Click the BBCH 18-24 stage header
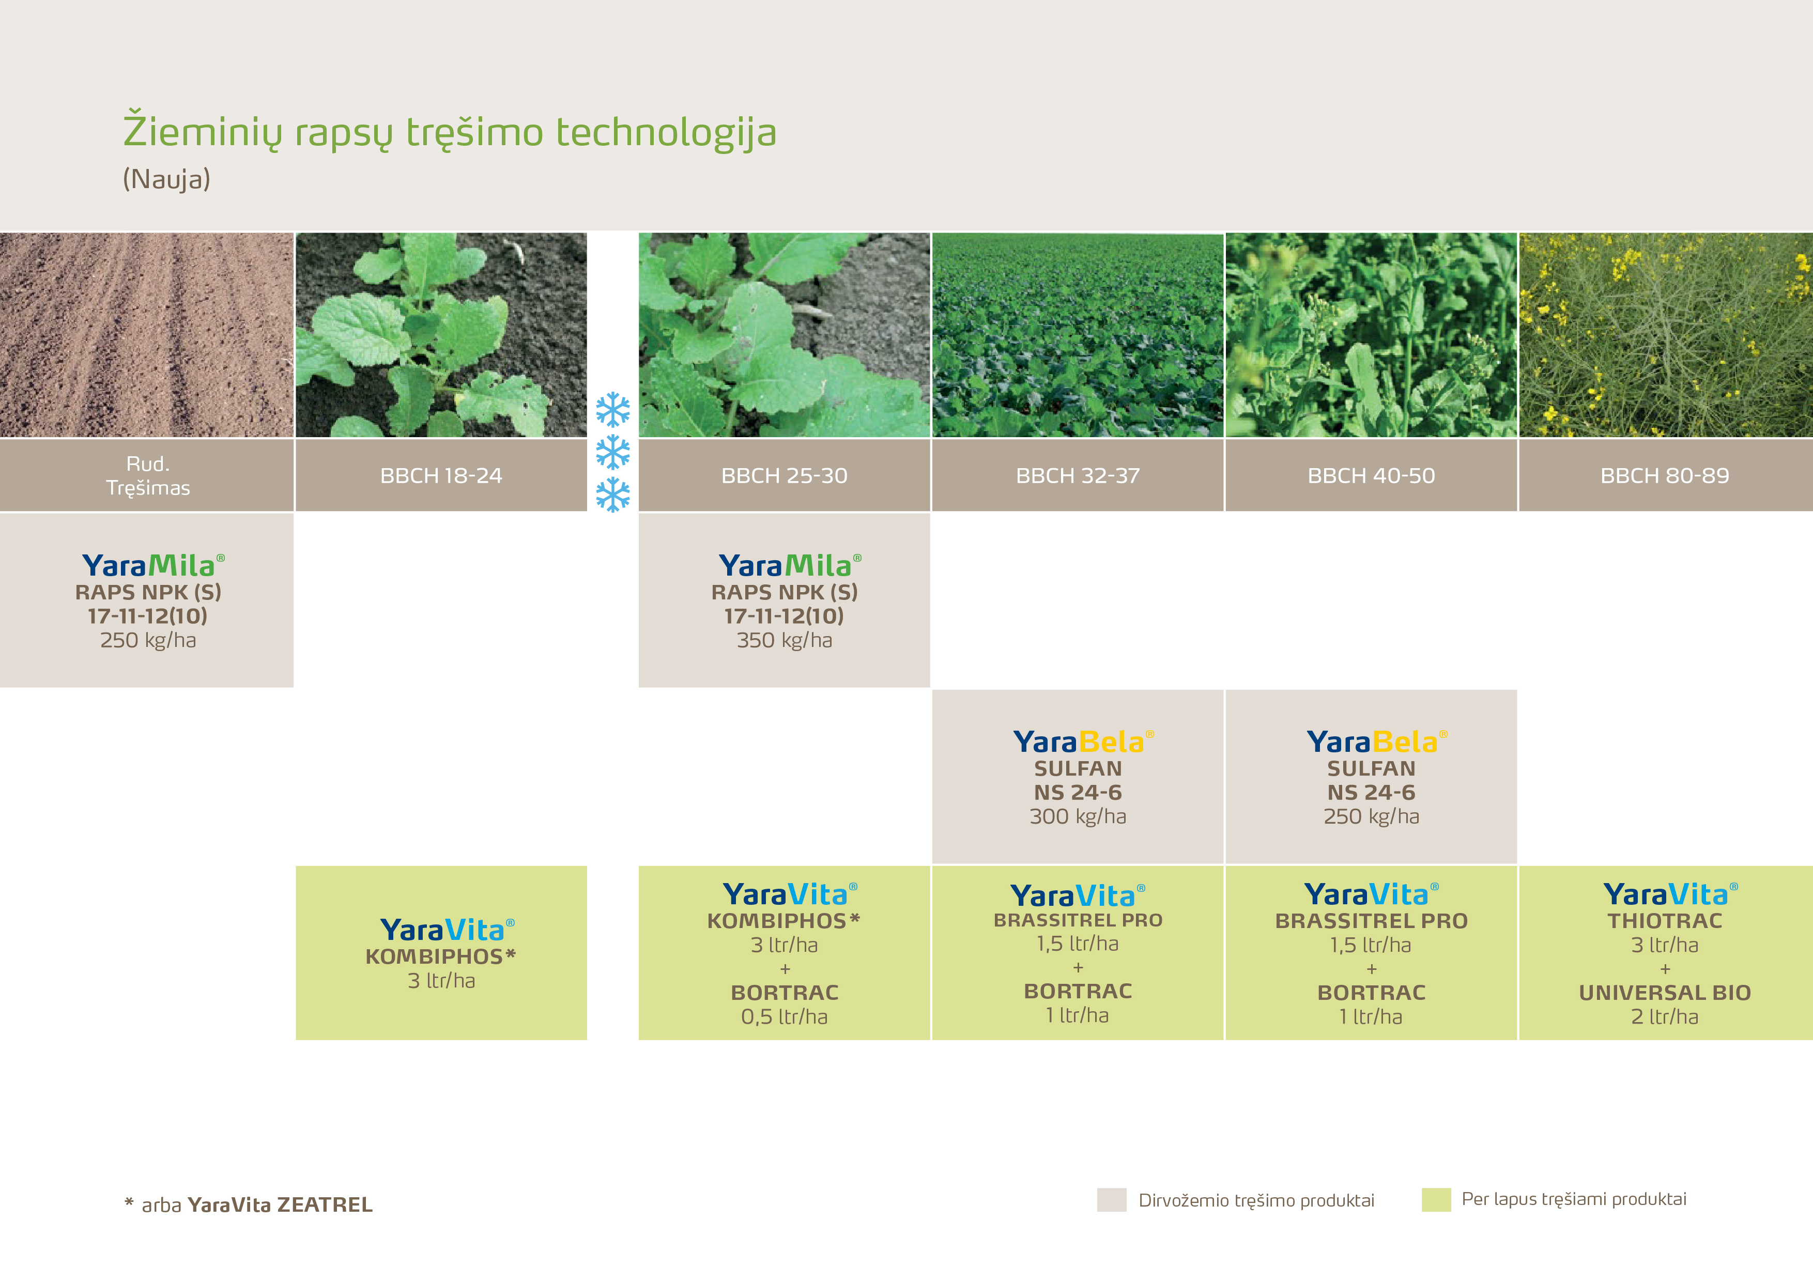[x=441, y=475]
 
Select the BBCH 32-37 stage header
[x=1078, y=475]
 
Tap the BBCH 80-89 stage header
[x=1665, y=475]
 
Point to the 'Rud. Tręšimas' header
[x=148, y=475]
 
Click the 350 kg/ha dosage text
[x=784, y=640]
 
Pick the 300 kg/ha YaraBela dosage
[x=1078, y=816]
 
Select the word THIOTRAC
[x=1665, y=920]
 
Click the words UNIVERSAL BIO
[x=1665, y=992]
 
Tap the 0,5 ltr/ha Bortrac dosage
[x=784, y=1017]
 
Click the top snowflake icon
[x=613, y=410]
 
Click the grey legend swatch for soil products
[x=1111, y=1200]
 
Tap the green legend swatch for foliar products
[x=1436, y=1200]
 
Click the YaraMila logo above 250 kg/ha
[x=153, y=565]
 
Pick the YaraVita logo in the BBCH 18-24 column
[x=447, y=930]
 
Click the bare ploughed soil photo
[x=147, y=335]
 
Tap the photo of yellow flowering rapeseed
[x=1666, y=335]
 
